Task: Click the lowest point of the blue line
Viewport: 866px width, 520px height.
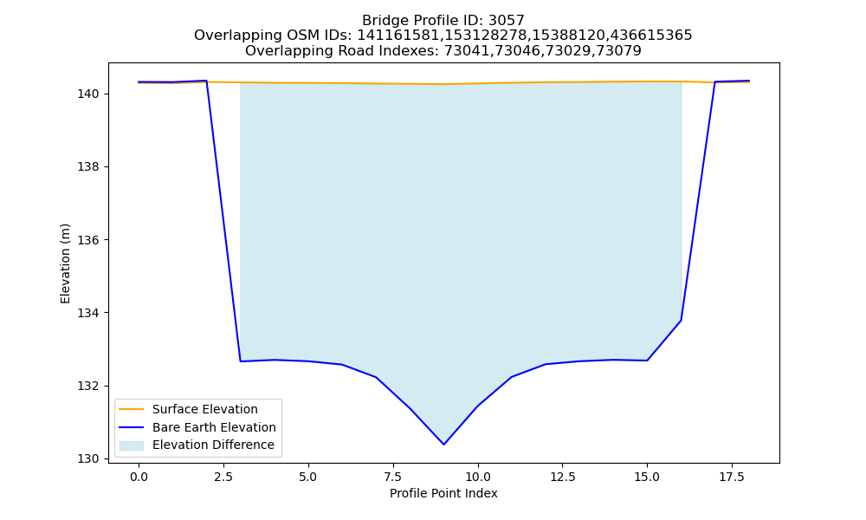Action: pos(443,445)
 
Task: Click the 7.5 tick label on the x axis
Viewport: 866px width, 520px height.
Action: pos(392,477)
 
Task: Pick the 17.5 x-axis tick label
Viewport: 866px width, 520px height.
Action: pos(732,477)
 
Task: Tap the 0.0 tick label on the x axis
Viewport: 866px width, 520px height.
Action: pos(139,477)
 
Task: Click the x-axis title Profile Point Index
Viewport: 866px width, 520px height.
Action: pos(443,493)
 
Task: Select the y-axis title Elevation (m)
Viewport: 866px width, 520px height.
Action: pos(65,263)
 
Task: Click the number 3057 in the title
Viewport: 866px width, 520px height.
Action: pos(506,21)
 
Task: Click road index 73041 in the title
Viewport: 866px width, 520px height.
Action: pos(467,51)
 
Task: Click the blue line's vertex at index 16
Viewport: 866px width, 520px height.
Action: pos(681,321)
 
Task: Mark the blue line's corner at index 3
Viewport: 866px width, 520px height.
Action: pos(240,361)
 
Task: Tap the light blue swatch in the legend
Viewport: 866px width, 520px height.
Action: pos(132,445)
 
